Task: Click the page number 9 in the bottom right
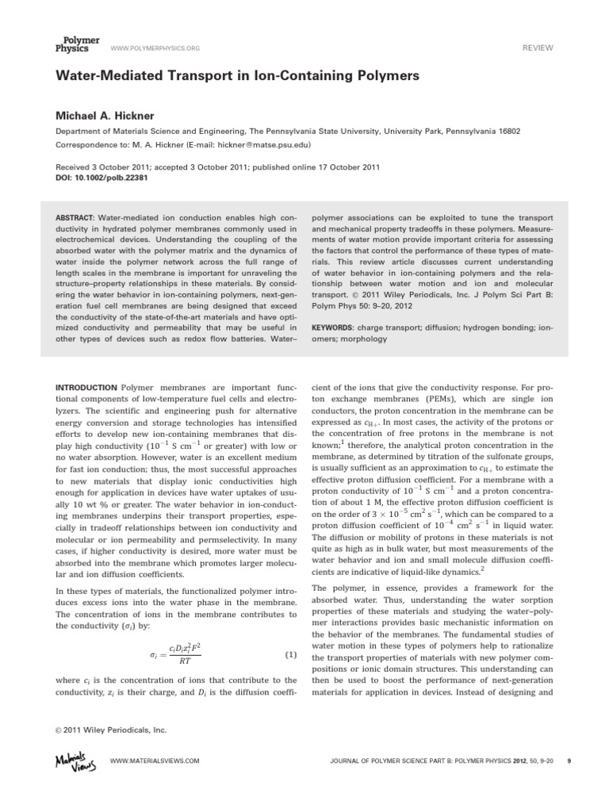(570, 760)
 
